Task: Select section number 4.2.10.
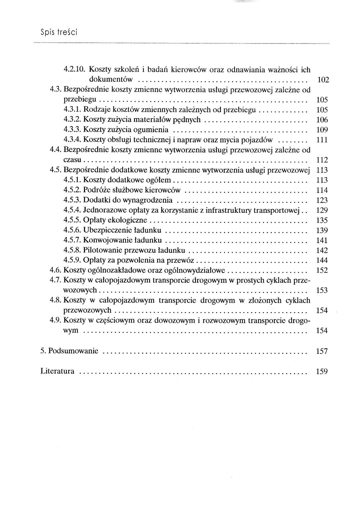point(75,70)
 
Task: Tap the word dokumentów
point(111,80)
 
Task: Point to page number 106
point(322,120)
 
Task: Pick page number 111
point(322,140)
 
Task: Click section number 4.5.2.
point(72,190)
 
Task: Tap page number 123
point(322,200)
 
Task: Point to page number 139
point(322,230)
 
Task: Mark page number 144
point(322,260)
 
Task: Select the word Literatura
point(57,371)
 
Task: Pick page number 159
point(322,371)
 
